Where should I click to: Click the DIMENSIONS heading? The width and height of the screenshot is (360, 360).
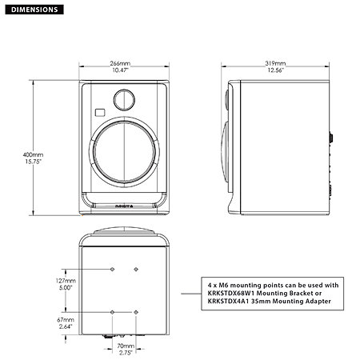point(32,10)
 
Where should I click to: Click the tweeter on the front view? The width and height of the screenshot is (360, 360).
point(124,100)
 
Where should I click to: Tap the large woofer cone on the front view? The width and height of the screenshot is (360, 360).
point(124,154)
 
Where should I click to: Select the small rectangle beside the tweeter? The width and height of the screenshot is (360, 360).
point(99,112)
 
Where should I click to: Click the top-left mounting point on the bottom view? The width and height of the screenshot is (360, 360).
point(113,267)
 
